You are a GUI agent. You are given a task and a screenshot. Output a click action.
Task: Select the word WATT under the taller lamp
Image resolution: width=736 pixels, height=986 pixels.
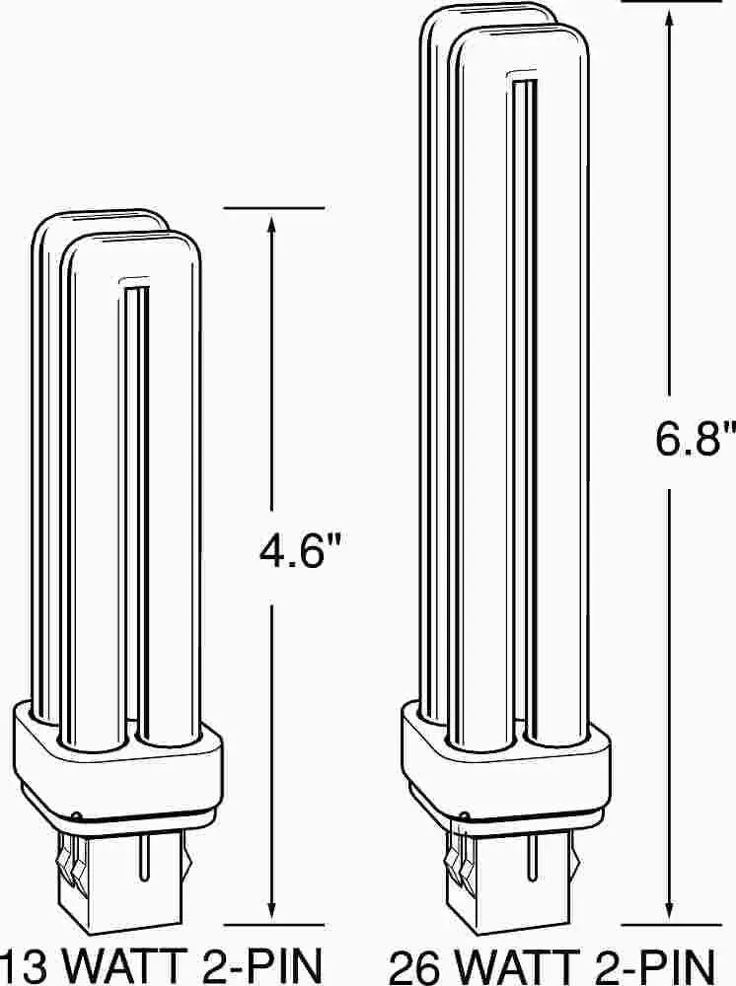click(x=516, y=966)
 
